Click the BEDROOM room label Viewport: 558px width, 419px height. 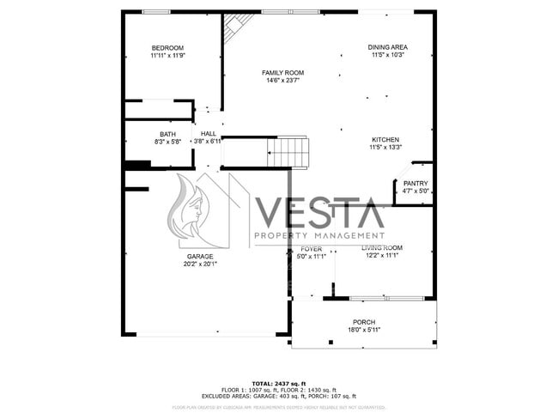(x=167, y=47)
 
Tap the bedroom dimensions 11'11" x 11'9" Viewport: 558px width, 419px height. (x=167, y=55)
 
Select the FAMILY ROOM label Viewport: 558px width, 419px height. (x=282, y=73)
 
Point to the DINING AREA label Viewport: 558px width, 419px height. (x=387, y=47)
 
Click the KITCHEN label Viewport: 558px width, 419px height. (x=385, y=140)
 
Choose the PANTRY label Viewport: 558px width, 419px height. (x=415, y=183)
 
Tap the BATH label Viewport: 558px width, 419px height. (x=167, y=134)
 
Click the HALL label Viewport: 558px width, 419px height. (x=209, y=134)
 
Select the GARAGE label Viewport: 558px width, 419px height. (x=200, y=257)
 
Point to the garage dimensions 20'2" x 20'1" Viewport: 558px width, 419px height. (x=200, y=264)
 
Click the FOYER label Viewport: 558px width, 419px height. (x=311, y=248)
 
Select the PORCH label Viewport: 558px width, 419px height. (x=364, y=322)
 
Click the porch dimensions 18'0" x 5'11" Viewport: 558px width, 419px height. (x=364, y=330)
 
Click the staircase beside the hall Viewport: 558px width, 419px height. (x=287, y=153)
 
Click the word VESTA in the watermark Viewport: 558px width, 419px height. (x=318, y=211)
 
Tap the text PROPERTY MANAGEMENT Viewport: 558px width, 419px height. (x=318, y=235)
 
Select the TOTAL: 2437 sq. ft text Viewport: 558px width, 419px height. (x=279, y=383)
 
